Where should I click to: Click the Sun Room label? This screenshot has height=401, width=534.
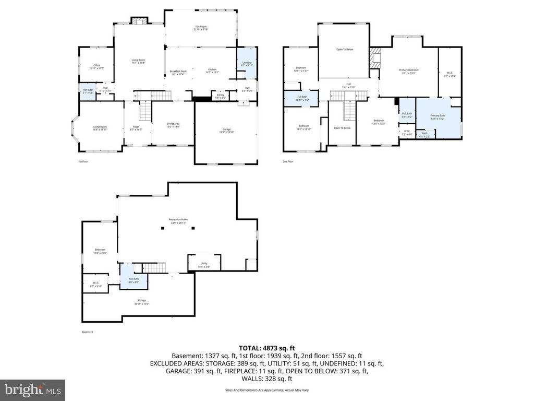click(201, 28)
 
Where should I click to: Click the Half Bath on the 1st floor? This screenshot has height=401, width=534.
click(88, 91)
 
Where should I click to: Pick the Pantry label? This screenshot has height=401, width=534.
click(221, 96)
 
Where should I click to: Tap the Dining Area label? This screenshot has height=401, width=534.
click(173, 125)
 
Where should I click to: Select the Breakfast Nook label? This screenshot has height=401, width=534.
click(179, 72)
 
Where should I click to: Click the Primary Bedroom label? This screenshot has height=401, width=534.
click(408, 72)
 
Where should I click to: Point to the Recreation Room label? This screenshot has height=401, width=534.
click(178, 220)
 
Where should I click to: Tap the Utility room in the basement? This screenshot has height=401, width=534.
click(204, 265)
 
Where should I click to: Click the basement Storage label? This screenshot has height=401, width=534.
click(141, 301)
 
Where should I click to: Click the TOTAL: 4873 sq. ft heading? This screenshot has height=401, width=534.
click(267, 347)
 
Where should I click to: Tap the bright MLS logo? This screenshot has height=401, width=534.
click(32, 390)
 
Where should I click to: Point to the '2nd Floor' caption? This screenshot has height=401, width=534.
click(288, 161)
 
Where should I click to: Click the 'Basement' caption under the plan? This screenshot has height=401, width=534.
click(88, 332)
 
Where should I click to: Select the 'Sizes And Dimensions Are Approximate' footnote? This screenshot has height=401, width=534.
click(267, 390)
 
